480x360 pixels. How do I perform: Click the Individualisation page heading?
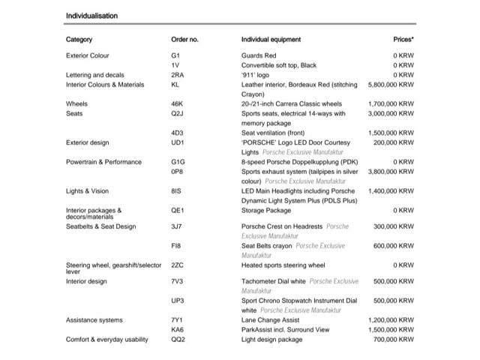point(91,15)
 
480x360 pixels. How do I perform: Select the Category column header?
point(79,39)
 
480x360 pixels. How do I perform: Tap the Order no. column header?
point(184,39)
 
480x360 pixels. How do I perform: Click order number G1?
point(175,55)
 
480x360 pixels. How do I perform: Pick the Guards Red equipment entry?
point(259,55)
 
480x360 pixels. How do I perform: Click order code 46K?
point(177,104)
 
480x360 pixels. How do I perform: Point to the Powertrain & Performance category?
point(103,161)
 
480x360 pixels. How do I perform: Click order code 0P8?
point(177,171)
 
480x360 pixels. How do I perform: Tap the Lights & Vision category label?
point(87,191)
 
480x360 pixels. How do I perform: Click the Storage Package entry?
point(265,211)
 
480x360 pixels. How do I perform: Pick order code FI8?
point(176,245)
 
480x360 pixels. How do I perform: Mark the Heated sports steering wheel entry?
point(283,265)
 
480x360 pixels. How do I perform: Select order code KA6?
point(177,330)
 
